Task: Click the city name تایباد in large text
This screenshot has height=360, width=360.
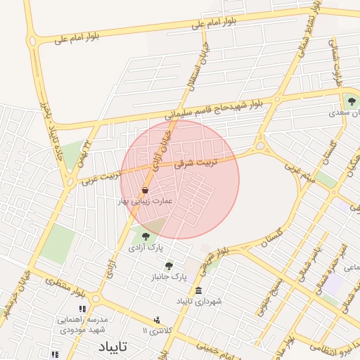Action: [x=113, y=347]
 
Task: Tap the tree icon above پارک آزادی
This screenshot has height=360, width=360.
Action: [x=146, y=236]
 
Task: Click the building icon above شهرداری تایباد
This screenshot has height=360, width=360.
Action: [x=199, y=290]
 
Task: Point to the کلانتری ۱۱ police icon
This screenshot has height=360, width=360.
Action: [x=157, y=320]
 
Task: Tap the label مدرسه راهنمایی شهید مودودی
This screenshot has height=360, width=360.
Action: [x=82, y=324]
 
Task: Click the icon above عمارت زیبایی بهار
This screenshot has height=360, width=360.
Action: [x=145, y=190]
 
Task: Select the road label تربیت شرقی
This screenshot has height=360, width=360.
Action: [x=217, y=161]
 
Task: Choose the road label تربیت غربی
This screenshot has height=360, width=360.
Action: [x=98, y=176]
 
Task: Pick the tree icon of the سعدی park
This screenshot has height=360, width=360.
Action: [x=351, y=103]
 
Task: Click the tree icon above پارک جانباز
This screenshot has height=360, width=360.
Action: [x=168, y=266]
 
